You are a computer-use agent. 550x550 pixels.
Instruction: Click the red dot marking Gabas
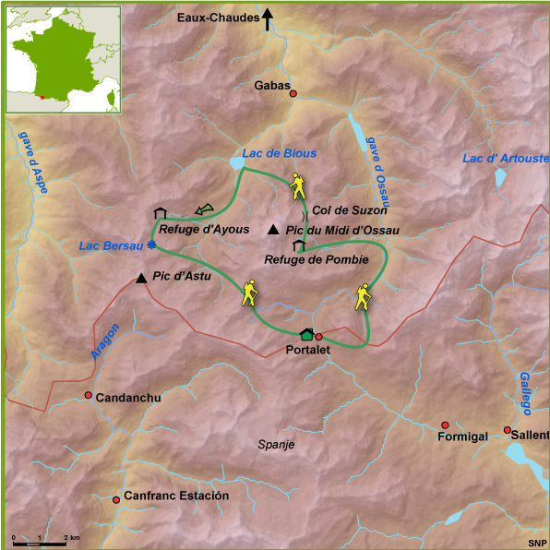(x=293, y=94)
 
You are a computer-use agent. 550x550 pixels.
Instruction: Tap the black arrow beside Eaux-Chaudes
(x=268, y=18)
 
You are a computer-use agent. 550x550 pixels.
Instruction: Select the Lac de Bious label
(x=279, y=153)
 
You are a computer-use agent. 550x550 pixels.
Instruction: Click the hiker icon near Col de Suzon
(x=297, y=187)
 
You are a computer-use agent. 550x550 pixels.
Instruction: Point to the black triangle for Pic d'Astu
(x=141, y=278)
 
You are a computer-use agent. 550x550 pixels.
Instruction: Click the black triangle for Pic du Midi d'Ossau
(x=273, y=230)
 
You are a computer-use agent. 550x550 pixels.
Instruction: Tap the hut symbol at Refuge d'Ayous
(x=160, y=213)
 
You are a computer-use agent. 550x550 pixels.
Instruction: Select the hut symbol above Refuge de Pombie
(x=299, y=245)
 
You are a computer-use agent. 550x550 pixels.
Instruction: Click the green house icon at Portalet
(x=306, y=334)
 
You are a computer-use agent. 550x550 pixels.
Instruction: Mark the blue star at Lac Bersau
(x=151, y=245)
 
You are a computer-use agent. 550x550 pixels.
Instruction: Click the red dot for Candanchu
(x=89, y=396)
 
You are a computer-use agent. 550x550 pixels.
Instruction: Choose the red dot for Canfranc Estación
(x=116, y=499)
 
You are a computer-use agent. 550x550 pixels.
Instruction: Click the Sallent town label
(x=532, y=435)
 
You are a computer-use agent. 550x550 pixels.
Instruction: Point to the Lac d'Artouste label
(x=505, y=159)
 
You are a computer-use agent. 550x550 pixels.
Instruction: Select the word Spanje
(x=275, y=444)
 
